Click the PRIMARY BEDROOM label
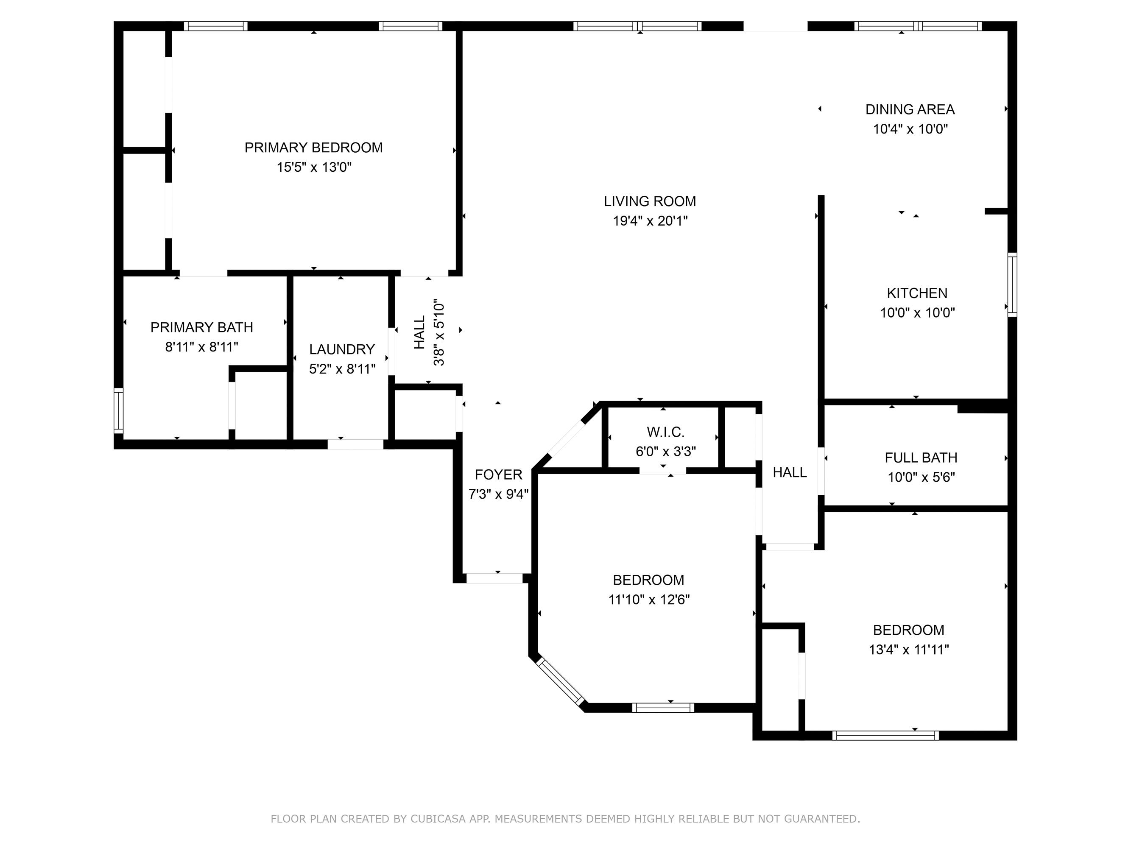313,148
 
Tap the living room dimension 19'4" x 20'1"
650,221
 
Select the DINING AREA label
910,109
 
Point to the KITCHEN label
917,293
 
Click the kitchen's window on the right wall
1012,284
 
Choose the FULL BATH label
921,457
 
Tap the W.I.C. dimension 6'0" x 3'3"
666,451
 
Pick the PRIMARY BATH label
201,327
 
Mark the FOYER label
499,475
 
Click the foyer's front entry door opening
494,578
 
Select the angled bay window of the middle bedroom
560,682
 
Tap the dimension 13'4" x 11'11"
909,649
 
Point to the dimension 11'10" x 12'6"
649,599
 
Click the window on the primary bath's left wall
118,411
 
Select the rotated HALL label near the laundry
419,332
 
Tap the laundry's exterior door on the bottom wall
355,444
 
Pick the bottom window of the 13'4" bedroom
885,736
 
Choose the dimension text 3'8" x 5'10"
438,333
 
